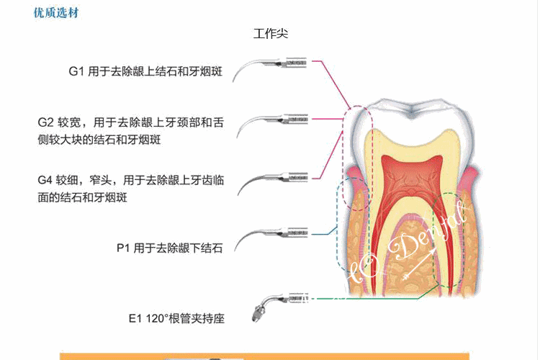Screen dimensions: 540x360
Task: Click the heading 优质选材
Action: pyautogui.click(x=55, y=14)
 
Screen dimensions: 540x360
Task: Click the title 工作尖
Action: pyautogui.click(x=271, y=33)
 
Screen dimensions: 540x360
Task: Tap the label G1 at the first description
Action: pyautogui.click(x=77, y=71)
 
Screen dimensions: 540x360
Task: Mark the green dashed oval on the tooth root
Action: pyautogui.click(x=450, y=238)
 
